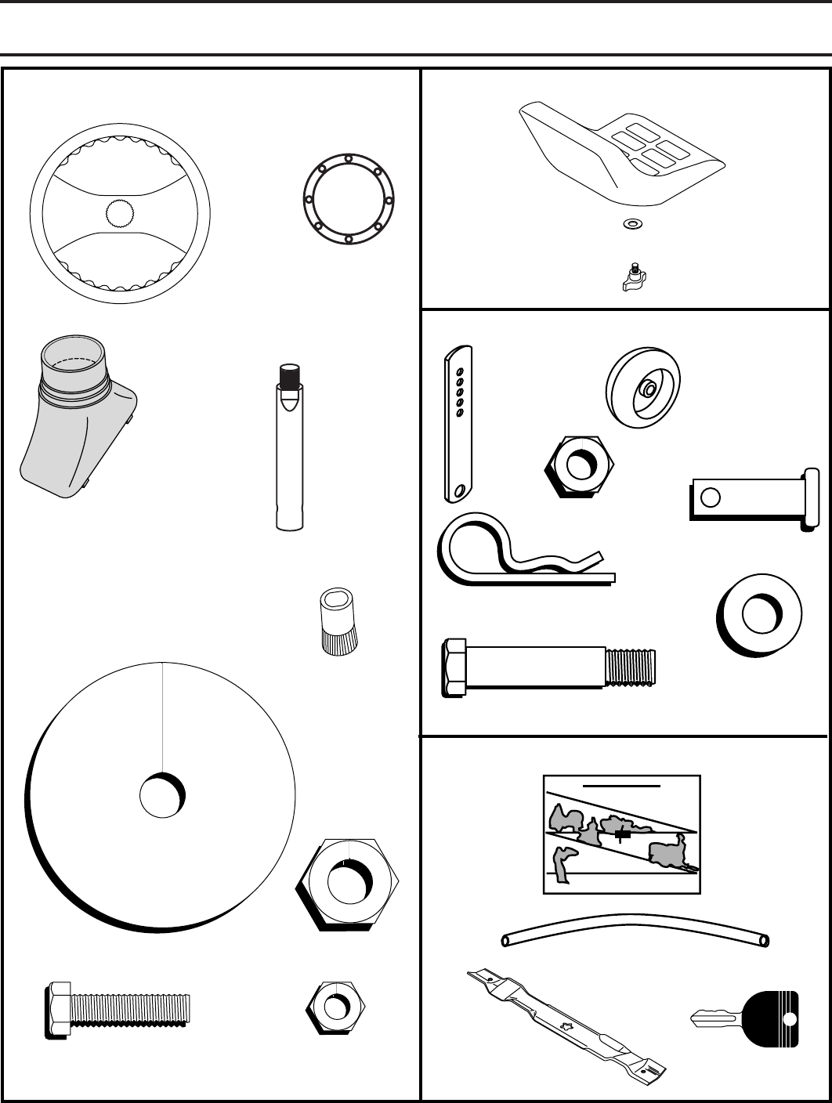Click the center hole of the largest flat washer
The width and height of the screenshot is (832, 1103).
pyautogui.click(x=163, y=795)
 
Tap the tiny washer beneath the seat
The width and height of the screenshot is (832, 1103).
pyautogui.click(x=630, y=224)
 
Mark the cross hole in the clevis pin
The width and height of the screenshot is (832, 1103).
pyautogui.click(x=710, y=497)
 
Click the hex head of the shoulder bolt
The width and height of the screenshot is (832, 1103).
pyautogui.click(x=455, y=668)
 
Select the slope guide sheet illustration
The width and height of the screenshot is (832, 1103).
pyautogui.click(x=621, y=834)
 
